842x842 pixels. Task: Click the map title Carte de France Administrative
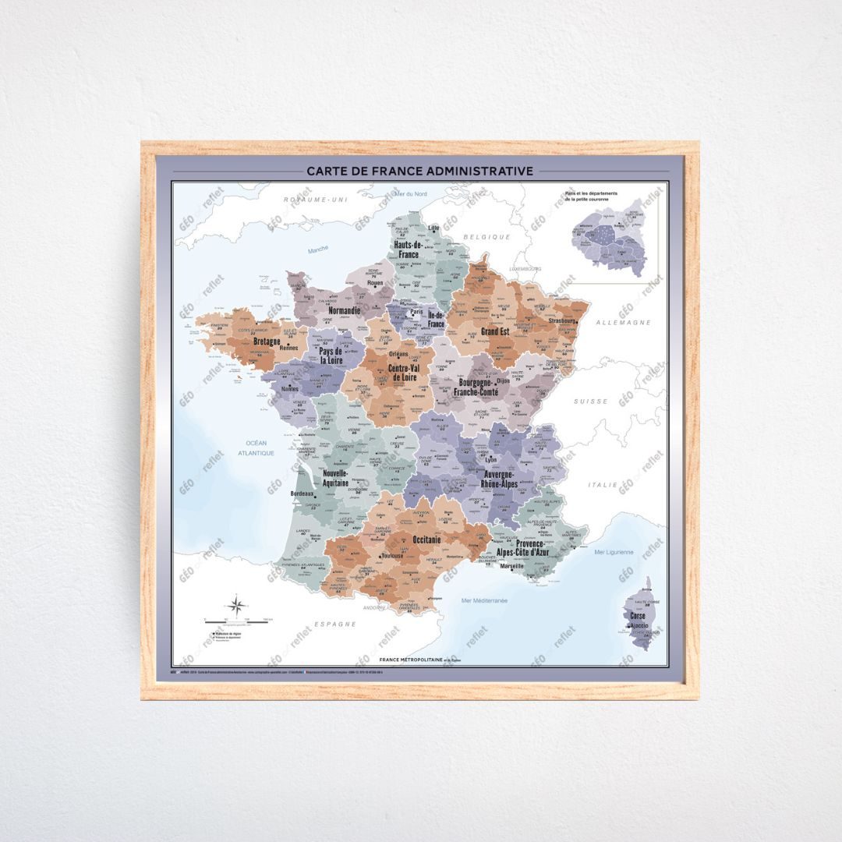(419, 171)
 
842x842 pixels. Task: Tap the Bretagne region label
(267, 341)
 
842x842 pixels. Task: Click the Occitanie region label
(426, 540)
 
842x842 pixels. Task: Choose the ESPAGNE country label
(335, 624)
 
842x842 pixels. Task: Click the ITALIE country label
(603, 485)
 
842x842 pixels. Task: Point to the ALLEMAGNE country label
(623, 323)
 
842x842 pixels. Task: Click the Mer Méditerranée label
(484, 600)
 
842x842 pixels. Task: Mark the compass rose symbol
(238, 605)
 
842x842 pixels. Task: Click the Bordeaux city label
(302, 494)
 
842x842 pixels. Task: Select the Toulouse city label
(391, 556)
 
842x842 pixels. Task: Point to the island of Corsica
(642, 616)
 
